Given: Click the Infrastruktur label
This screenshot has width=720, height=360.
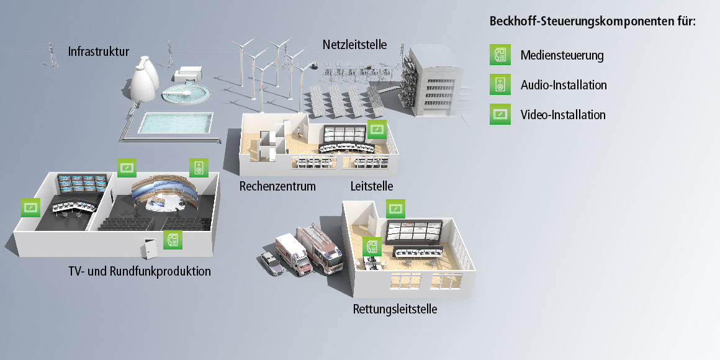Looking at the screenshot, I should point(99,50).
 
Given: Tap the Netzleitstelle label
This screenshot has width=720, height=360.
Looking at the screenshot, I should point(354,45).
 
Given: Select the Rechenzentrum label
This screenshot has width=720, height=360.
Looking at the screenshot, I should point(277,186).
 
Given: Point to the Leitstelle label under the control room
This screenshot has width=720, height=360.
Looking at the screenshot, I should point(371,186).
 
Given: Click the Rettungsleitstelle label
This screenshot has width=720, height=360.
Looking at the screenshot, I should point(395,308).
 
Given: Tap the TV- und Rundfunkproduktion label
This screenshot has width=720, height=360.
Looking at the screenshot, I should point(140,271).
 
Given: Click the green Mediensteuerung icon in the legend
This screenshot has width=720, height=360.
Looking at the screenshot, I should point(500,55).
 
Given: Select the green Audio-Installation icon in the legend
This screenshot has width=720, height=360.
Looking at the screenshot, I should point(500,84).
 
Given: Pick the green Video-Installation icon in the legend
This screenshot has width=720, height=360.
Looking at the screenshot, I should point(500,114).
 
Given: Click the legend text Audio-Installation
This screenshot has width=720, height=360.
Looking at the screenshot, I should point(564,85).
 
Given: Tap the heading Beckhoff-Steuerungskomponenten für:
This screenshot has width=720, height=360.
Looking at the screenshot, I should point(592,21).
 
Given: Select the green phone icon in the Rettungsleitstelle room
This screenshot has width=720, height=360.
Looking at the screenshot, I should point(372,246).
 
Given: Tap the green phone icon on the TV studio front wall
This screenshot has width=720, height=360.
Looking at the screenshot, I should point(173,240).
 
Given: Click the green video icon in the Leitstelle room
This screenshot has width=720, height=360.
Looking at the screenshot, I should point(377,130).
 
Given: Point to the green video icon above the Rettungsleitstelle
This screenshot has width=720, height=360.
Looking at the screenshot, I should point(395,209).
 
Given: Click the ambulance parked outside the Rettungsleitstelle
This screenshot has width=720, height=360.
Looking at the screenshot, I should point(292,253).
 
